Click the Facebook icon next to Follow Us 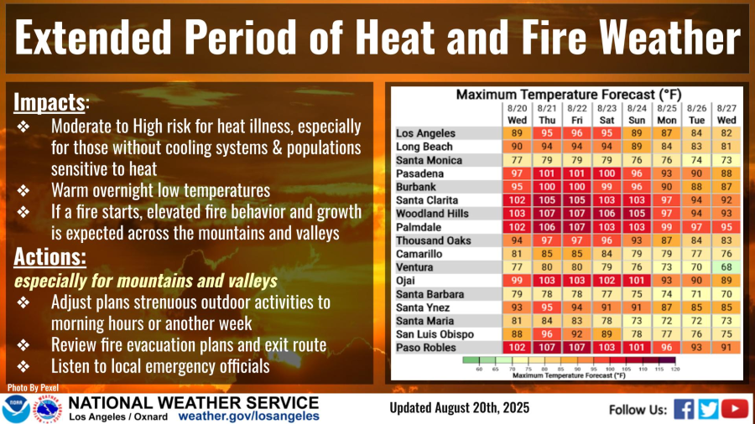684,409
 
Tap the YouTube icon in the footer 735,409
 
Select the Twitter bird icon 709,409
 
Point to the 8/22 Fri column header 577,114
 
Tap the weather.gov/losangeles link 248,416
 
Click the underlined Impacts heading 49,102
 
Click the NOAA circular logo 15,409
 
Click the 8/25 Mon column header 667,114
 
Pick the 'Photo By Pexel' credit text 27,388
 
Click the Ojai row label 407,281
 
